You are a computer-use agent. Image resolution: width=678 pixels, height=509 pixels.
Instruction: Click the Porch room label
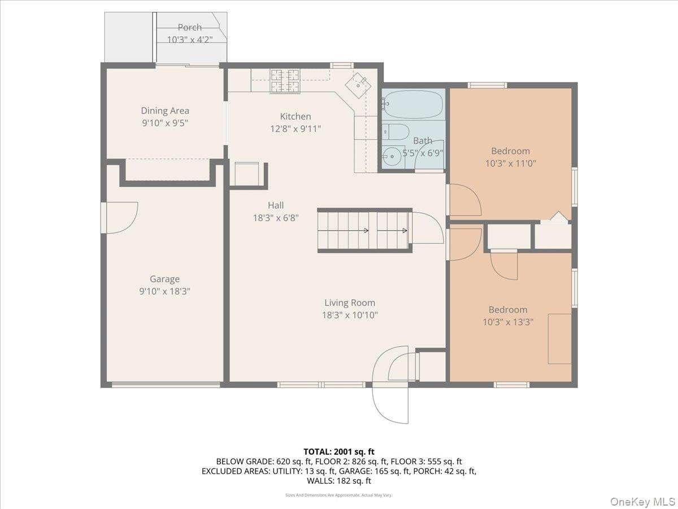coord(190,28)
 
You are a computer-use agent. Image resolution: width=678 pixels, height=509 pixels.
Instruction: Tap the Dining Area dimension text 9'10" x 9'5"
coord(165,123)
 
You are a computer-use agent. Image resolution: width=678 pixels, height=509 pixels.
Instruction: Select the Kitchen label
coord(295,117)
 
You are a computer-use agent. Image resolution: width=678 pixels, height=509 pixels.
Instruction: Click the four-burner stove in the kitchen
coord(285,81)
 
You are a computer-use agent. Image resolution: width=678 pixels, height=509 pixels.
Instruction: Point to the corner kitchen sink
coord(358,85)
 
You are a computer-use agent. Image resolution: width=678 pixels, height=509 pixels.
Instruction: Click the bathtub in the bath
coord(413,105)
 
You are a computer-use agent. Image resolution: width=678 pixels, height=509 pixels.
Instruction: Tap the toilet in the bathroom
coord(395,132)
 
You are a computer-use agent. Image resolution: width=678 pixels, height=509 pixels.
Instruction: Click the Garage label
coord(164,279)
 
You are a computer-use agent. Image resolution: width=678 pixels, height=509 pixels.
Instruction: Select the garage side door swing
coord(121,218)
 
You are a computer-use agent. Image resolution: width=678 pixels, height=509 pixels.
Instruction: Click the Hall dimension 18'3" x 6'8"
coord(276,218)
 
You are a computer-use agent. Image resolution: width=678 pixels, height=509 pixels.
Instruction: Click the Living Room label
coord(350,303)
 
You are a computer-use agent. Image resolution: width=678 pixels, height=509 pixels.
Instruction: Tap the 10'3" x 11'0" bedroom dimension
coord(510,163)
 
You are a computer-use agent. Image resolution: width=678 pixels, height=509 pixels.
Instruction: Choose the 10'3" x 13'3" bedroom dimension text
coord(508,322)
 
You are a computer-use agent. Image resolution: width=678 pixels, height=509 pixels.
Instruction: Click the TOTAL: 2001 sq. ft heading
coord(339,452)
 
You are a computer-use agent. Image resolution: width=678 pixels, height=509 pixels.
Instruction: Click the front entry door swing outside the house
coord(390,406)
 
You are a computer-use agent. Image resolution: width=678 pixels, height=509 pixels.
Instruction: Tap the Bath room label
coord(423,141)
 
